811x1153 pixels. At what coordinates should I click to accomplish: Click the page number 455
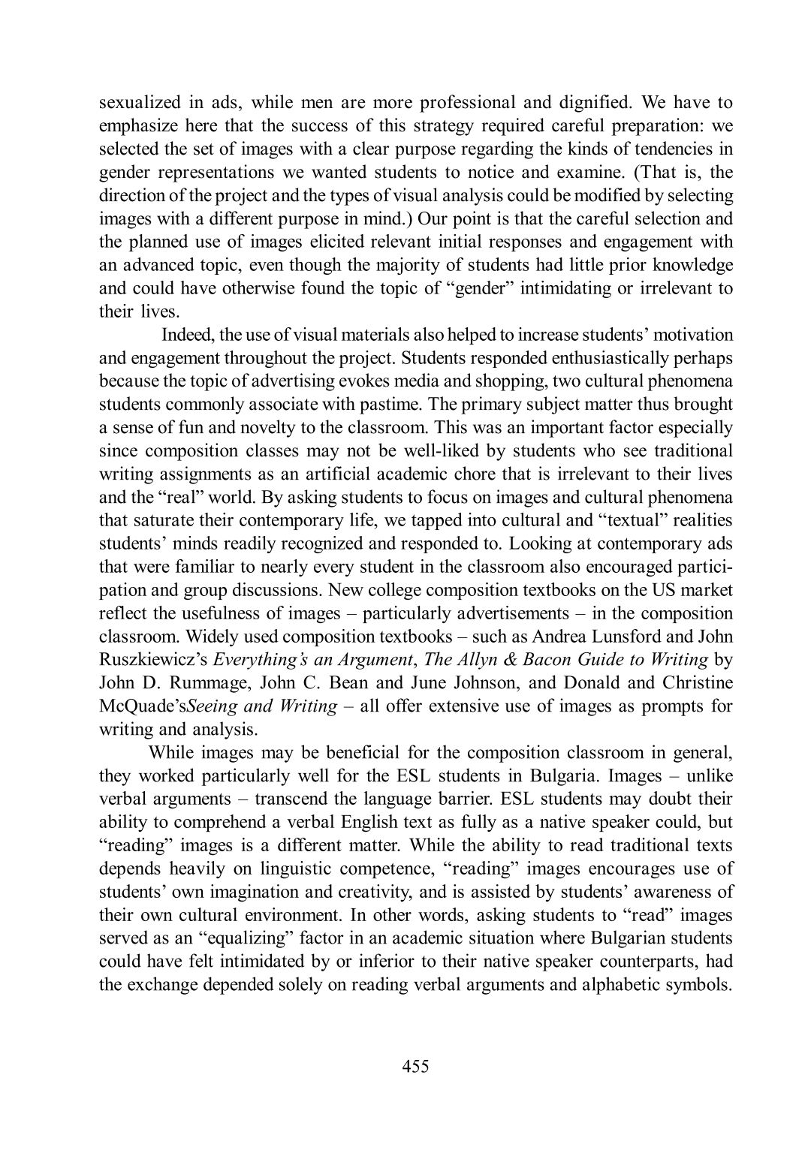click(415, 1066)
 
